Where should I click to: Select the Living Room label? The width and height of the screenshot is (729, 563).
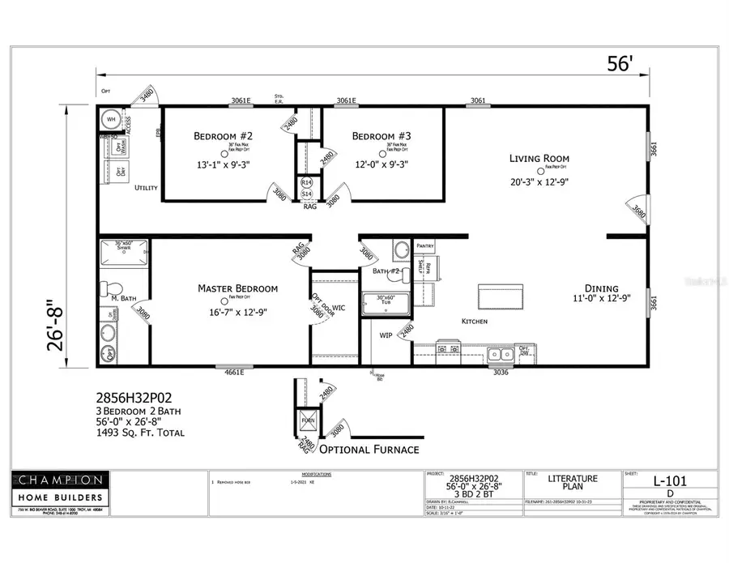pos(539,159)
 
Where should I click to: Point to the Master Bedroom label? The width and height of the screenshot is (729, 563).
pos(238,288)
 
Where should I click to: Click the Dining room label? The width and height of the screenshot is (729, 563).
pos(603,288)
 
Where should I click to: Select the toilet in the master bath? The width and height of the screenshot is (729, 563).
pos(113,288)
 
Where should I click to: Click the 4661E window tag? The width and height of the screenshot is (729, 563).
pos(230,372)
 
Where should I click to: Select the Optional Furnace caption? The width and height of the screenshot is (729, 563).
pos(369,450)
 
